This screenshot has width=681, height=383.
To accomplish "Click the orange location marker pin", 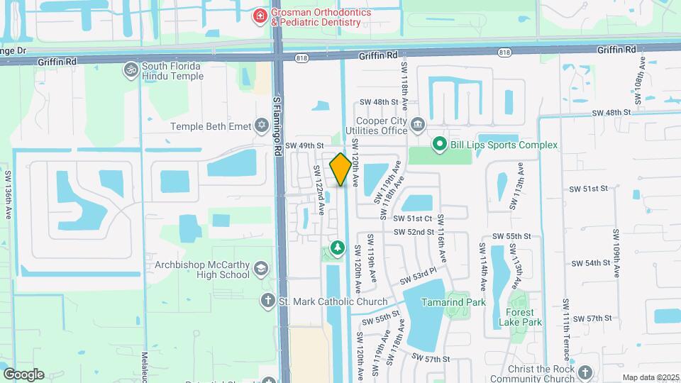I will pos(340,170).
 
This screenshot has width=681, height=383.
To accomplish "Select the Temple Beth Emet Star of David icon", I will pos(262,126).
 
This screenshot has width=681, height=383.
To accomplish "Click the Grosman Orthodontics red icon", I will pos(261,15).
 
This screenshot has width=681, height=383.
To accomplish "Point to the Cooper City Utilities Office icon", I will pos(418,125).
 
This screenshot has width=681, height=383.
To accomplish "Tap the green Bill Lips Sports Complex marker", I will pos(440,145).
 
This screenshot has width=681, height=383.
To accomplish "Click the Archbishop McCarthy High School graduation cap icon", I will pos(261,269).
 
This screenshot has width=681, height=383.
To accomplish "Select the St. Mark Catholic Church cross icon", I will pos(267,300).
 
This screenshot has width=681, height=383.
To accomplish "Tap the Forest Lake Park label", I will pos(524,316).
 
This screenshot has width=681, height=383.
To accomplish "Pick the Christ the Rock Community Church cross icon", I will pos(585,372).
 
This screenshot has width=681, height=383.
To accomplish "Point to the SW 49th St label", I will pos(305,145).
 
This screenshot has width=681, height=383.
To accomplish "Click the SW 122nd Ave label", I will pos(319,189).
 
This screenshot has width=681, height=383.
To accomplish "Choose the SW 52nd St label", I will pos(415,232).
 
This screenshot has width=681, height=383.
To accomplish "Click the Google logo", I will pos(23,374).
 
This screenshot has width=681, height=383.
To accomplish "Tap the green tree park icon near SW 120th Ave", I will pos(338,248).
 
